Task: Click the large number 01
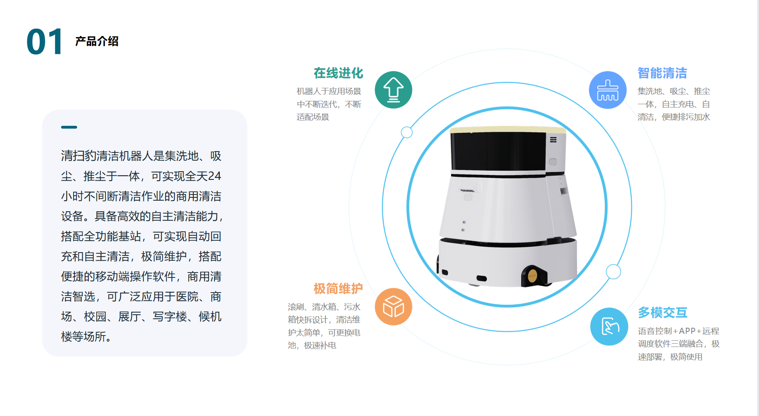[x=45, y=42]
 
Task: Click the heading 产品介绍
[x=97, y=41]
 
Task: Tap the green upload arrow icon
[x=393, y=90]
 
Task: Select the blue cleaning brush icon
[x=608, y=90]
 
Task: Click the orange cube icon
[x=393, y=306]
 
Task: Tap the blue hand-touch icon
[x=609, y=327]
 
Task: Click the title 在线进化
[x=338, y=73]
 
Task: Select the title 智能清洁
[x=663, y=73]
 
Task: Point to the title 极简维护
[x=338, y=289]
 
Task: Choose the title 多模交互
[x=663, y=313]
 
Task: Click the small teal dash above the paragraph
[x=69, y=127]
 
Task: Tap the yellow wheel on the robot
[x=532, y=276]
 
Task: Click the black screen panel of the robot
[x=498, y=151]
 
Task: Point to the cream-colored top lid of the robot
[x=508, y=130]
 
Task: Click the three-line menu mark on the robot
[x=553, y=140]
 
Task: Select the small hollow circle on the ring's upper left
[x=407, y=132]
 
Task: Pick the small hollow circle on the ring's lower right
[x=613, y=272]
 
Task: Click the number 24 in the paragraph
[x=214, y=176]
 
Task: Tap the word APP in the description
[x=687, y=331]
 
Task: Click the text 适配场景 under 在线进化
[x=313, y=117]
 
